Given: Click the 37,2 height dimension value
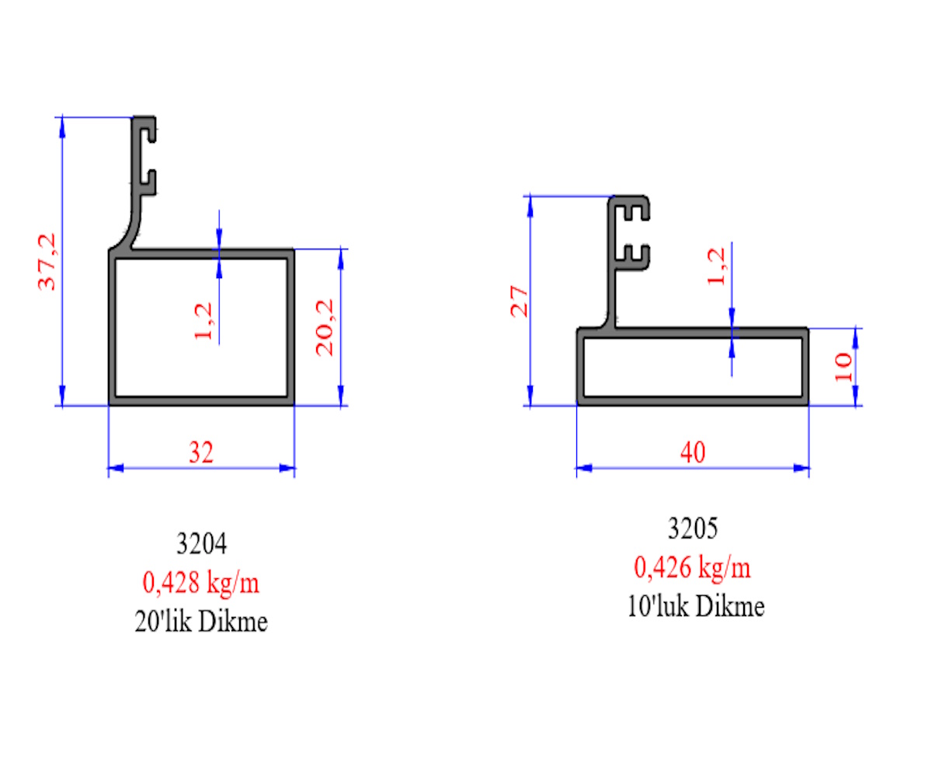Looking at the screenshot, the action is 47,262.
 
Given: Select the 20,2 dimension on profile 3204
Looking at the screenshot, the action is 325,327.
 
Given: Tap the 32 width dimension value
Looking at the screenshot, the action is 201,452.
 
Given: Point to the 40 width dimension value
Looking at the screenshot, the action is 692,452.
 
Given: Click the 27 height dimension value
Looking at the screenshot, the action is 519,301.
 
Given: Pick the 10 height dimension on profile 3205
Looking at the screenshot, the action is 843,367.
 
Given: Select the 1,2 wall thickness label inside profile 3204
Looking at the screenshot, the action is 203,321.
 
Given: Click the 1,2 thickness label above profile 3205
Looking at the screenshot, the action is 716,267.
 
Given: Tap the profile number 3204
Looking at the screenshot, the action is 201,543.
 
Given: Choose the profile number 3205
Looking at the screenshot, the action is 693,528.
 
